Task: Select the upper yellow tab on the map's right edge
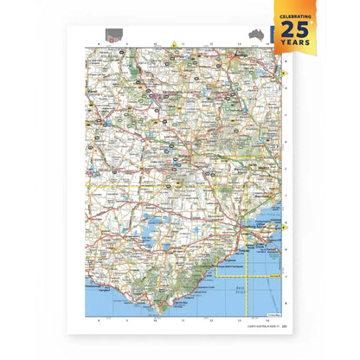click(285, 74)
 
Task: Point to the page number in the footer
click(282, 327)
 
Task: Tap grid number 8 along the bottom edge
click(100, 319)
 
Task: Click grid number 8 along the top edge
click(100, 43)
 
